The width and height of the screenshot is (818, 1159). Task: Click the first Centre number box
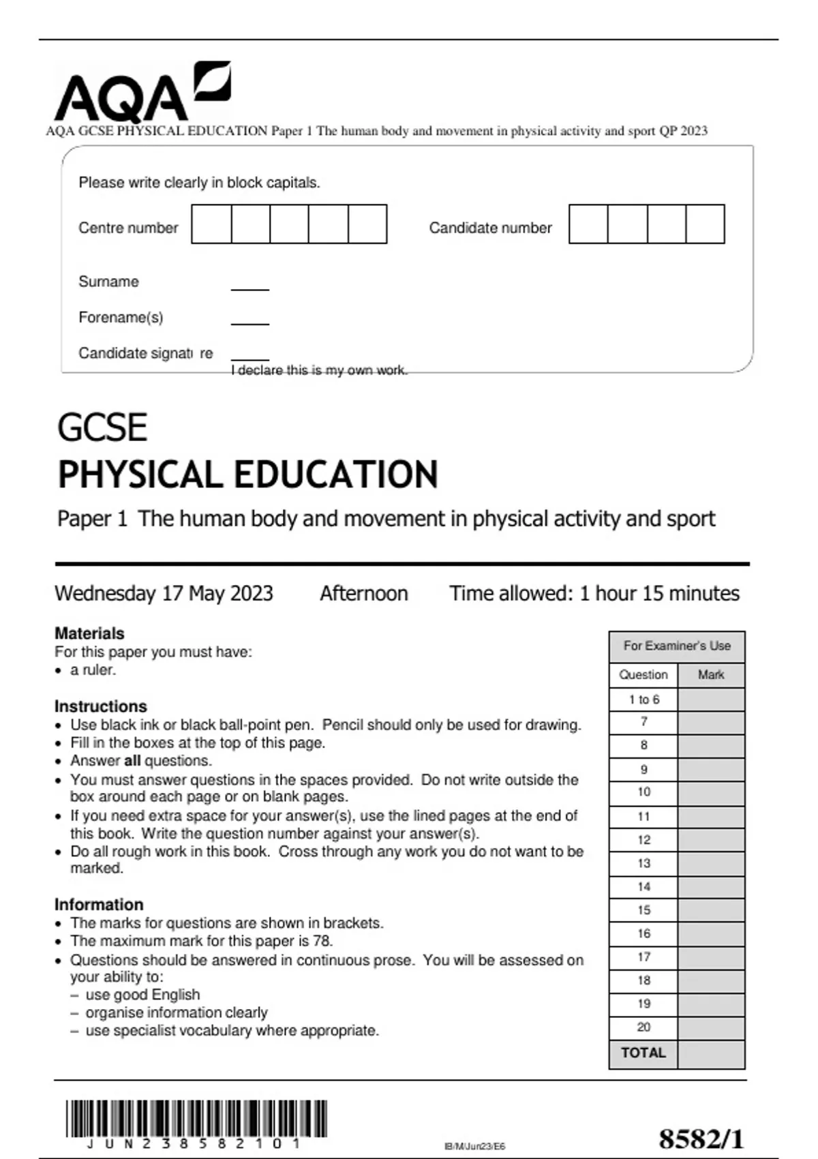coord(211,224)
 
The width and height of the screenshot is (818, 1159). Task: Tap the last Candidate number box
coord(705,224)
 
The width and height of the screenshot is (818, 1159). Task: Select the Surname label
coord(108,282)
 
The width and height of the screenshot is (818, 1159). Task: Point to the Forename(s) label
coord(121,318)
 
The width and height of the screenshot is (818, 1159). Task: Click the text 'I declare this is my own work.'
coord(319,370)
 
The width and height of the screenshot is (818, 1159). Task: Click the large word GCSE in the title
coord(102,428)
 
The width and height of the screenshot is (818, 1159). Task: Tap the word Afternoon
coord(364,593)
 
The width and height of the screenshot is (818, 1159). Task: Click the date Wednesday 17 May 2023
coord(164,593)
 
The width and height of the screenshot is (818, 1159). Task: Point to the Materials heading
coord(89,633)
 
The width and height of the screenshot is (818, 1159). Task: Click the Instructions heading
coord(100,706)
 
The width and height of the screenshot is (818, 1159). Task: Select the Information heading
coord(99,905)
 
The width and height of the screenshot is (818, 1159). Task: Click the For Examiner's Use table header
coord(676,646)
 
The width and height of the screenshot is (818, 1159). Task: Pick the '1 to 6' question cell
coord(643,699)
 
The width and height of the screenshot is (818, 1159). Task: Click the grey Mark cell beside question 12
coord(710,840)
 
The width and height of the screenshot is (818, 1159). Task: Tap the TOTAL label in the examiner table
coord(643,1053)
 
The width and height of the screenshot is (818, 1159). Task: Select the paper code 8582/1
coord(701,1139)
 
